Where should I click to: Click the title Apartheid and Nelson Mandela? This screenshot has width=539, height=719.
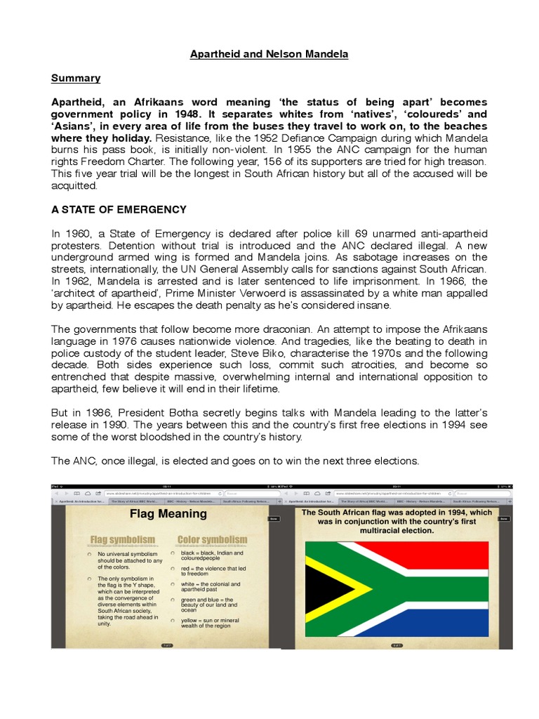tap(269, 54)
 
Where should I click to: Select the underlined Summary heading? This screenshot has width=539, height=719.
tap(76, 78)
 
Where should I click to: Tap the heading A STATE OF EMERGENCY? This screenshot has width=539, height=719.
tap(119, 209)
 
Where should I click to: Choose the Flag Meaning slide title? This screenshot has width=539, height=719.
tap(168, 514)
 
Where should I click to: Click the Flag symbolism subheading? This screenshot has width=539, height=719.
tap(122, 539)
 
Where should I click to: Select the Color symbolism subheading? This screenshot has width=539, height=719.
tap(212, 539)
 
